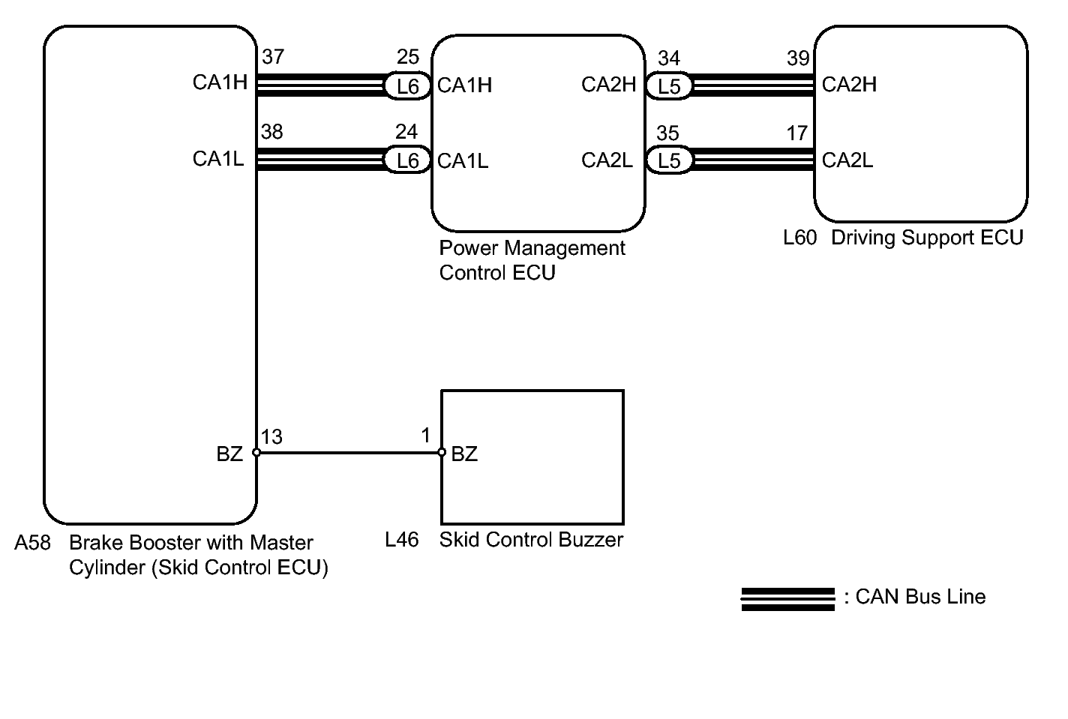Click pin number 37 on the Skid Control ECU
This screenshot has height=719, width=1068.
[x=273, y=57]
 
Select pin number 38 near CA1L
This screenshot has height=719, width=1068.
[x=271, y=132]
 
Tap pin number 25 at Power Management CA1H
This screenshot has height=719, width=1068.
[x=407, y=57]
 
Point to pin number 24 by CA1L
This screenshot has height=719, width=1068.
[x=406, y=132]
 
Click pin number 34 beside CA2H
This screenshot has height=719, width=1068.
[x=668, y=58]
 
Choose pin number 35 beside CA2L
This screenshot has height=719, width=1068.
[x=667, y=133]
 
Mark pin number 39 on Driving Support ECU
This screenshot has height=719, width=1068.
[x=798, y=58]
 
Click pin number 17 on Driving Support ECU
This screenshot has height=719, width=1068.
[x=796, y=133]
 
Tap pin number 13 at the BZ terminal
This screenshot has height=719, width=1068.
[x=271, y=437]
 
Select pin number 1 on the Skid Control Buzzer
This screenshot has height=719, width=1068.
[x=426, y=436]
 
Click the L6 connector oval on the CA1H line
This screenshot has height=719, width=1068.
[x=407, y=86]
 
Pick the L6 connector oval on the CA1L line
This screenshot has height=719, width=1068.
[x=407, y=160]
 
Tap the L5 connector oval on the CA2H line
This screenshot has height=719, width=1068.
[x=669, y=86]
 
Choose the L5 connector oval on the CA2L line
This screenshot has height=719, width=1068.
[x=669, y=161]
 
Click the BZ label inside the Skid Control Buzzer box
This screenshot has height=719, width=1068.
[x=464, y=454]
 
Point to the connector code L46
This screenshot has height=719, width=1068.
[x=401, y=540]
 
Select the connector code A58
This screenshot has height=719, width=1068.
[x=32, y=543]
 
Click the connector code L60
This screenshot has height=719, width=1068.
[x=799, y=238]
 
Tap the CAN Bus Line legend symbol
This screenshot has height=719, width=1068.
[x=787, y=599]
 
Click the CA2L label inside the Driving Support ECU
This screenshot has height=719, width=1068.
[x=847, y=160]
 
